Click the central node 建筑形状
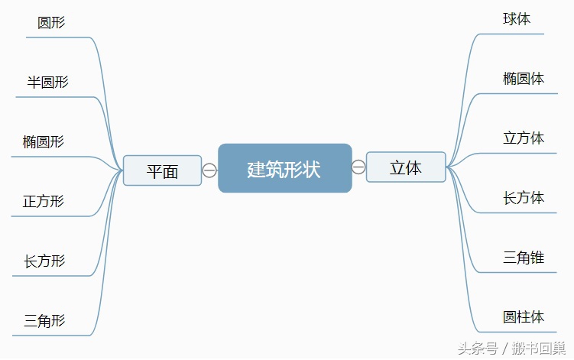click(x=285, y=168)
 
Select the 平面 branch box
click(x=162, y=170)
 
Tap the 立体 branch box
click(x=406, y=167)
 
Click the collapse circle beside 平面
click(x=209, y=170)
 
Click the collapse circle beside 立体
click(x=358, y=167)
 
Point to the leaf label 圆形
click(x=51, y=23)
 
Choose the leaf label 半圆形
click(x=47, y=82)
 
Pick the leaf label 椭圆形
click(x=44, y=141)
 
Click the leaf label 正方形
click(x=44, y=202)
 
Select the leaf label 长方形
click(x=44, y=261)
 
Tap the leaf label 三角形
click(x=44, y=321)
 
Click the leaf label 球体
click(x=517, y=19)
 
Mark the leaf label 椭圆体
click(x=524, y=79)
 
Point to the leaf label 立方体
click(x=524, y=138)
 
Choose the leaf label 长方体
click(x=524, y=198)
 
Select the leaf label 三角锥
click(x=524, y=258)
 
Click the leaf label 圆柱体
click(x=524, y=317)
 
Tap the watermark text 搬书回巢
click(x=539, y=349)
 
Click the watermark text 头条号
click(x=478, y=349)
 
